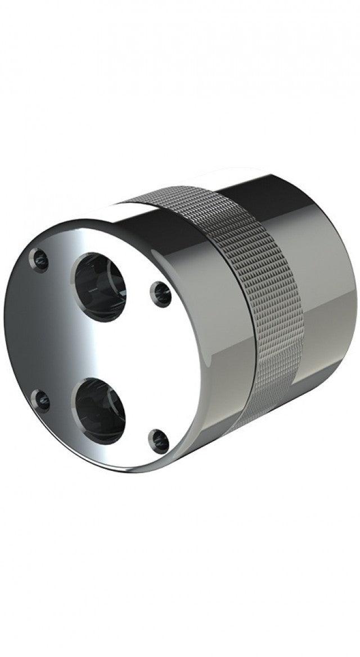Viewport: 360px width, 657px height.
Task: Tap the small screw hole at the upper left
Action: point(40,260)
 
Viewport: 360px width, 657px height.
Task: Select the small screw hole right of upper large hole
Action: point(161,294)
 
